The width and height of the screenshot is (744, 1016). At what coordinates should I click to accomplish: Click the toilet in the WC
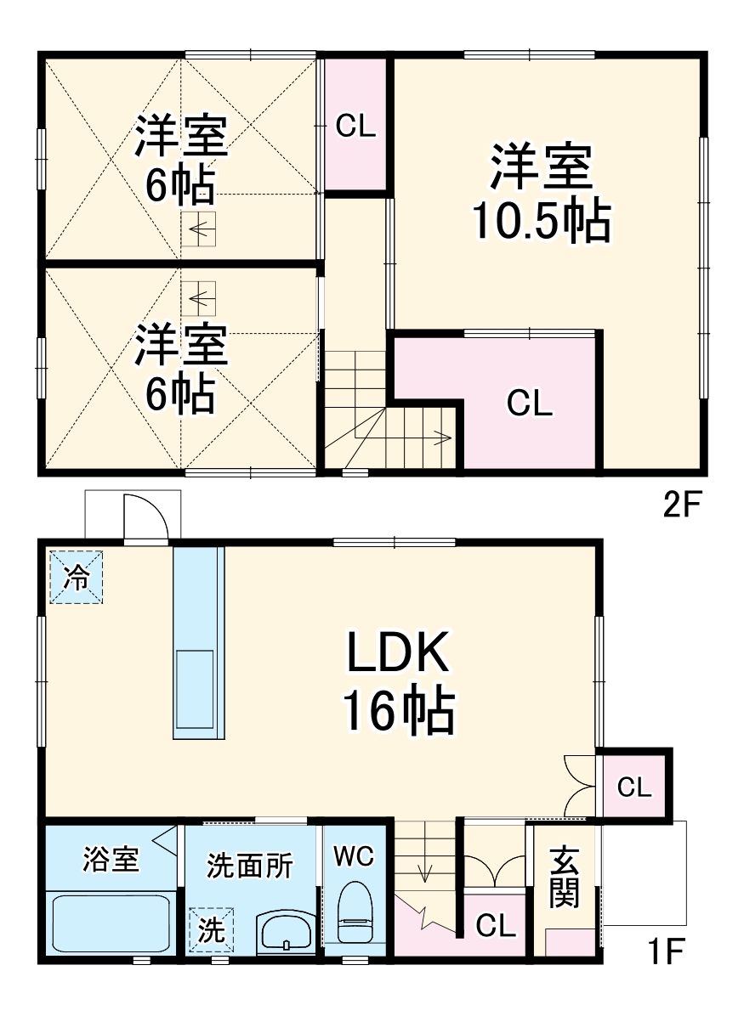pyautogui.click(x=355, y=912)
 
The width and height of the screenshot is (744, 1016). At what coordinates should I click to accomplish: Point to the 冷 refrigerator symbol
pyautogui.click(x=76, y=578)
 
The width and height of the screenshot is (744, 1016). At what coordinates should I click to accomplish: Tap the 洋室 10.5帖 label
pyautogui.click(x=541, y=194)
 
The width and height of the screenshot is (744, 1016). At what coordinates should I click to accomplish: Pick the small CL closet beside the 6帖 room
pyautogui.click(x=355, y=126)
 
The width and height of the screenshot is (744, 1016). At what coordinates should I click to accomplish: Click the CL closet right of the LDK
pyautogui.click(x=634, y=787)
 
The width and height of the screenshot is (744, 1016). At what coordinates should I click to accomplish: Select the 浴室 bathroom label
pyautogui.click(x=111, y=860)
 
